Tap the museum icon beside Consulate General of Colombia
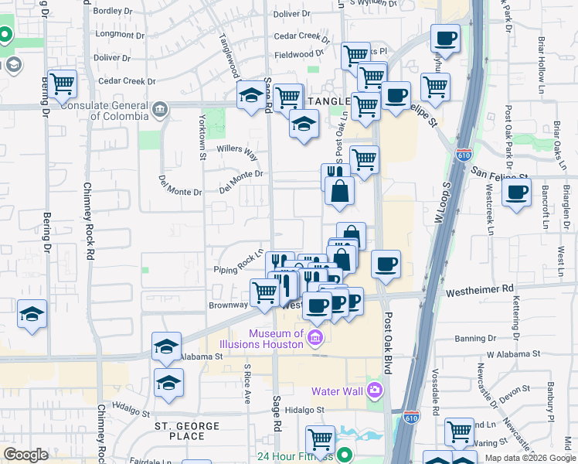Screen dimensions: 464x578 [x=160, y=108]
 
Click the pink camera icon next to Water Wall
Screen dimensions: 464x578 [x=375, y=391]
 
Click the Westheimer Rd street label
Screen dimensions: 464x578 [x=480, y=288]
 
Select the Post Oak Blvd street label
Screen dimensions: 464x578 [x=388, y=341]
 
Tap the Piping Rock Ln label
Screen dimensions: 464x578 [x=240, y=262]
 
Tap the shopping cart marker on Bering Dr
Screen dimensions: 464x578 [x=62, y=84]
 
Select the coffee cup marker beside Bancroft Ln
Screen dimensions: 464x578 [x=516, y=193]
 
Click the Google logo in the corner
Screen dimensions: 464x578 [x=25, y=455]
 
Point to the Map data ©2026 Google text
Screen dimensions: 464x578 [x=529, y=457]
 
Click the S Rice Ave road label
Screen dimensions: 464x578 [x=248, y=384]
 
